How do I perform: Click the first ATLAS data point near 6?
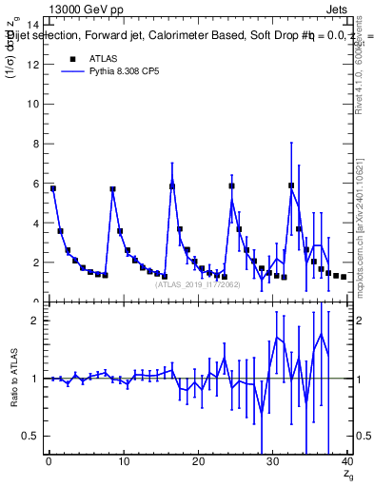click(x=53, y=188)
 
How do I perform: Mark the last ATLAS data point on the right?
click(x=344, y=277)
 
